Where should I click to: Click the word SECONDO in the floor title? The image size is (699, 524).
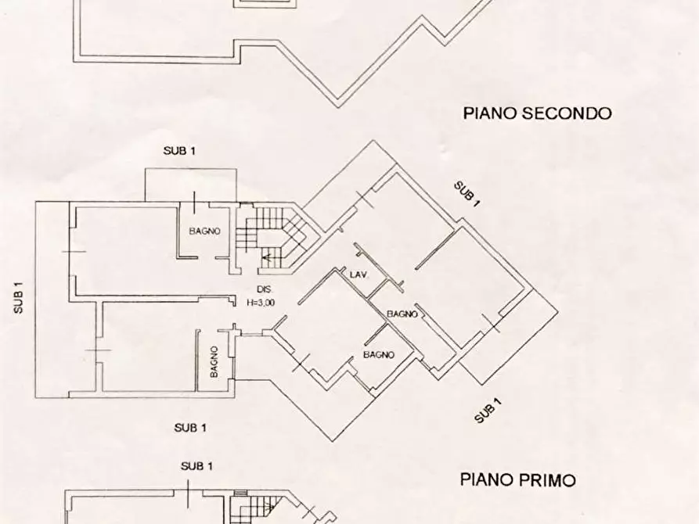567,113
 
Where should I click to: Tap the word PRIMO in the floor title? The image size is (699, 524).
549,479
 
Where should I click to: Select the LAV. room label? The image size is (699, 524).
359,275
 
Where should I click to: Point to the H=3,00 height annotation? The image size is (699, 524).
260,303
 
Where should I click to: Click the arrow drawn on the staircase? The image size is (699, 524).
270,256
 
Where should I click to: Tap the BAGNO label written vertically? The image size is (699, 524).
214,362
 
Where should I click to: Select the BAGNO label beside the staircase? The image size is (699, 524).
204,231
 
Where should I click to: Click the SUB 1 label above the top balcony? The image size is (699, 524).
179,151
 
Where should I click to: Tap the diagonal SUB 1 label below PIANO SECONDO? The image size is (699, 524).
467,193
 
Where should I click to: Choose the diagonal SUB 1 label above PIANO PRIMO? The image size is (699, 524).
488,411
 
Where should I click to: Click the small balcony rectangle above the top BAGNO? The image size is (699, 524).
190,185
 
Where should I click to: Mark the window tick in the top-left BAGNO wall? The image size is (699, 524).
193,199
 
